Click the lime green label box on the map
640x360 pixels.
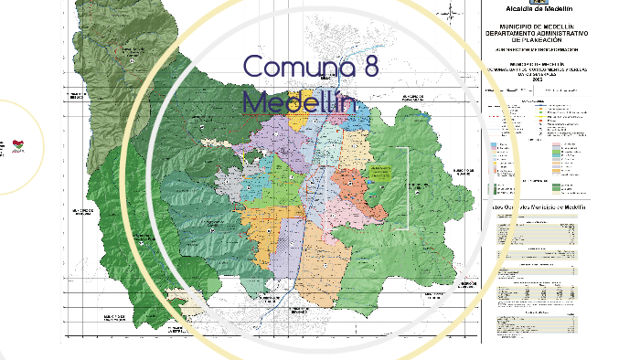coord(380,171)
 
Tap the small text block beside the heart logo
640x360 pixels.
coord(5,146)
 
